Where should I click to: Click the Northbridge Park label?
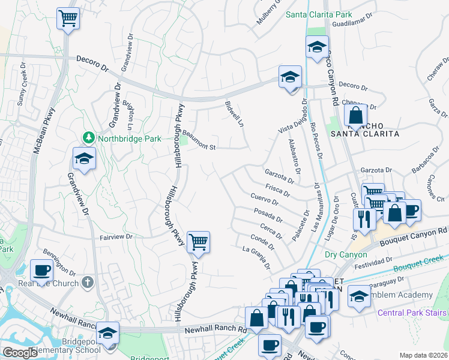pyautogui.click(x=130, y=139)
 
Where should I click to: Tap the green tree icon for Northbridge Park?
pyautogui.click(x=89, y=138)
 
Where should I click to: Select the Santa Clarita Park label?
pyautogui.click(x=318, y=14)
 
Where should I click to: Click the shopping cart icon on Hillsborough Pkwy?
pyautogui.click(x=198, y=242)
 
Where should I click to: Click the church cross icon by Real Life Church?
pyautogui.click(x=88, y=282)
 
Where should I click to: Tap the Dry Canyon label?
pyautogui.click(x=346, y=254)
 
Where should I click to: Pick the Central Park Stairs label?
pyautogui.click(x=412, y=313)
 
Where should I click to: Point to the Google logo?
pyautogui.click(x=20, y=353)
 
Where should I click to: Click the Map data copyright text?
pyautogui.click(x=423, y=355)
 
